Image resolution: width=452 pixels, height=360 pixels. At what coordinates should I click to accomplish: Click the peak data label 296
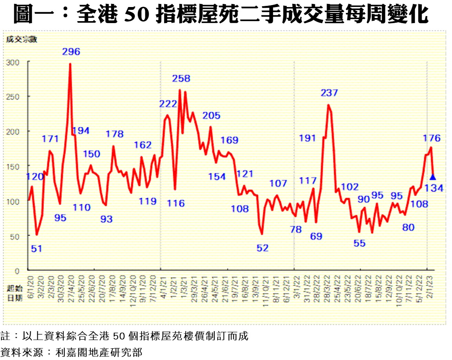coord(71,52)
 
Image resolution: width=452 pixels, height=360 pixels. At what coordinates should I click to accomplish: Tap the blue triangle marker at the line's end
coord(433,177)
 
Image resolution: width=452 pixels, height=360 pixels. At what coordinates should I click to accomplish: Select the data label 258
coord(181,79)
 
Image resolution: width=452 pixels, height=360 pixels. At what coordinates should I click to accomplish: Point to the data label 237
coord(329,93)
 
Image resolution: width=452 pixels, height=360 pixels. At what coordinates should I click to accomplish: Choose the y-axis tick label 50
coord(17,236)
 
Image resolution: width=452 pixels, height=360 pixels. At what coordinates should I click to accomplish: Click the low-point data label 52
coord(262,248)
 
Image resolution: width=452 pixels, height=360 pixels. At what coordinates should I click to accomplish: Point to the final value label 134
coord(434,188)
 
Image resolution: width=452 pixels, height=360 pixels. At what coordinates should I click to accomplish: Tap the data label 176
coord(432,138)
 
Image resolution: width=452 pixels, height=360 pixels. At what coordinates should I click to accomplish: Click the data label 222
coord(168,104)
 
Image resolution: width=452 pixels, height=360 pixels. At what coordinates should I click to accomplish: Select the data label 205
coord(212,115)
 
